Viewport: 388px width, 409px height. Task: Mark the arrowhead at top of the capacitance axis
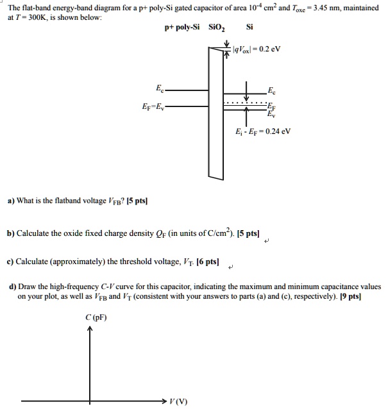pos(90,330)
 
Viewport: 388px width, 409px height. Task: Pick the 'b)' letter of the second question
pos(10,232)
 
